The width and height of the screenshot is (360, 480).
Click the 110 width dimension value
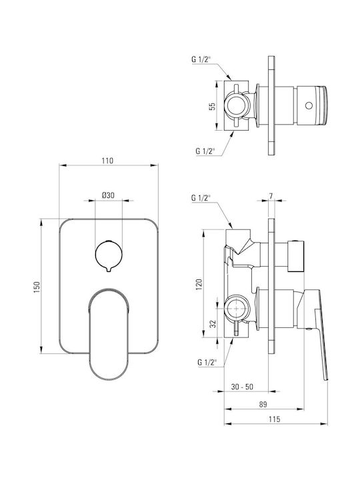point(107,161)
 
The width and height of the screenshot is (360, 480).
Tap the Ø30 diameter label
point(108,195)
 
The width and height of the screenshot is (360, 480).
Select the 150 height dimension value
point(37,287)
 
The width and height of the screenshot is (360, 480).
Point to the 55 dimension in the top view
point(212,106)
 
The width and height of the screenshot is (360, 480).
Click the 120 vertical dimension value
point(199,285)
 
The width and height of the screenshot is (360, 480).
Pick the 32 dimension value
point(213,324)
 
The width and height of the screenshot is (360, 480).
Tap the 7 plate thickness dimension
point(271,196)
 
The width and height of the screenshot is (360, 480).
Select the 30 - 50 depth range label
point(242,387)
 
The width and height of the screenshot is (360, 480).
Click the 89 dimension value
point(263,404)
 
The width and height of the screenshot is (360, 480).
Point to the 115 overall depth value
point(274,419)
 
